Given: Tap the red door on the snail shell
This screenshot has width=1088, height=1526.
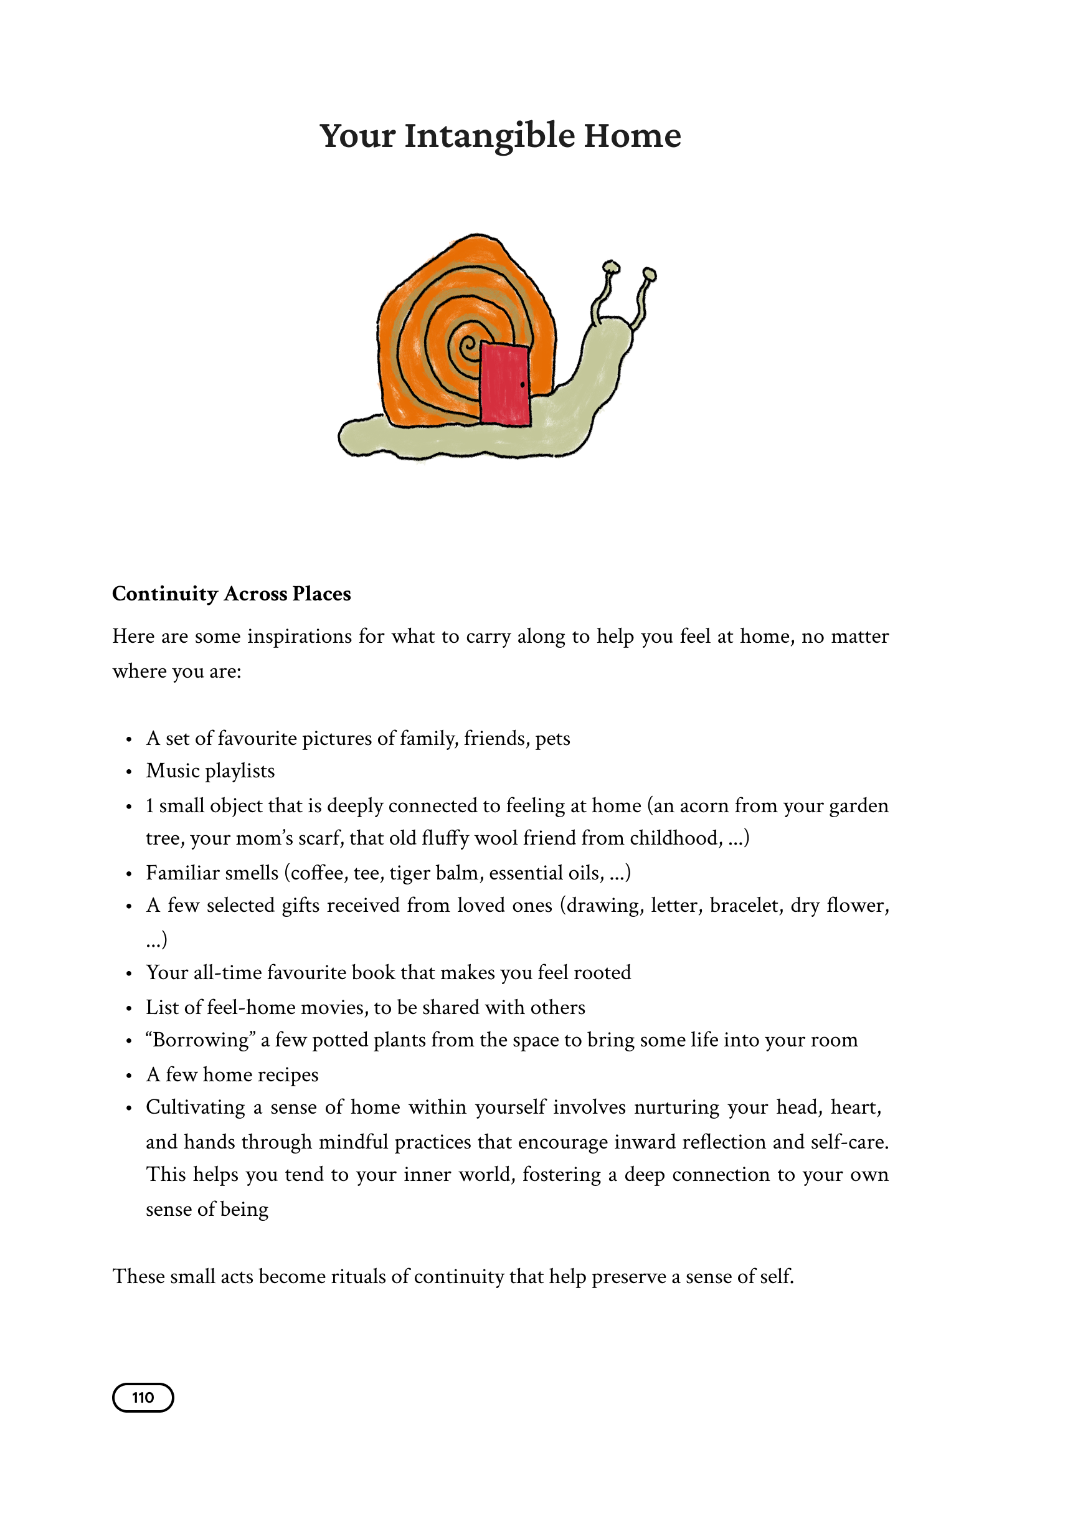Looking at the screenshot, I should click(505, 384).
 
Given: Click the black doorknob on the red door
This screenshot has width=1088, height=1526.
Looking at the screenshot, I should click(523, 384).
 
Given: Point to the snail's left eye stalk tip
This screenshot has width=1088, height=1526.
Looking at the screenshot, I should click(610, 267).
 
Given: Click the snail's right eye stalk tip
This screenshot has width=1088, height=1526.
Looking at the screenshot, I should click(649, 273).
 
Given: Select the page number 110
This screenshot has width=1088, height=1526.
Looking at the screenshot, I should click(143, 1398).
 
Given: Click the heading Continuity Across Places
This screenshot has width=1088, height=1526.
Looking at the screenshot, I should click(231, 594).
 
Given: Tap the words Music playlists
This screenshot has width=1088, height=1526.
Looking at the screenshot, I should click(211, 771).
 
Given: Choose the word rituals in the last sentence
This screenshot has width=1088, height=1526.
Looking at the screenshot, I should click(359, 1276).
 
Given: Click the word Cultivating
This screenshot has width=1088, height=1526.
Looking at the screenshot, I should click(196, 1107).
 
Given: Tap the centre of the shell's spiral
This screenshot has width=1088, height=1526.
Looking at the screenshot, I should click(468, 346).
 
